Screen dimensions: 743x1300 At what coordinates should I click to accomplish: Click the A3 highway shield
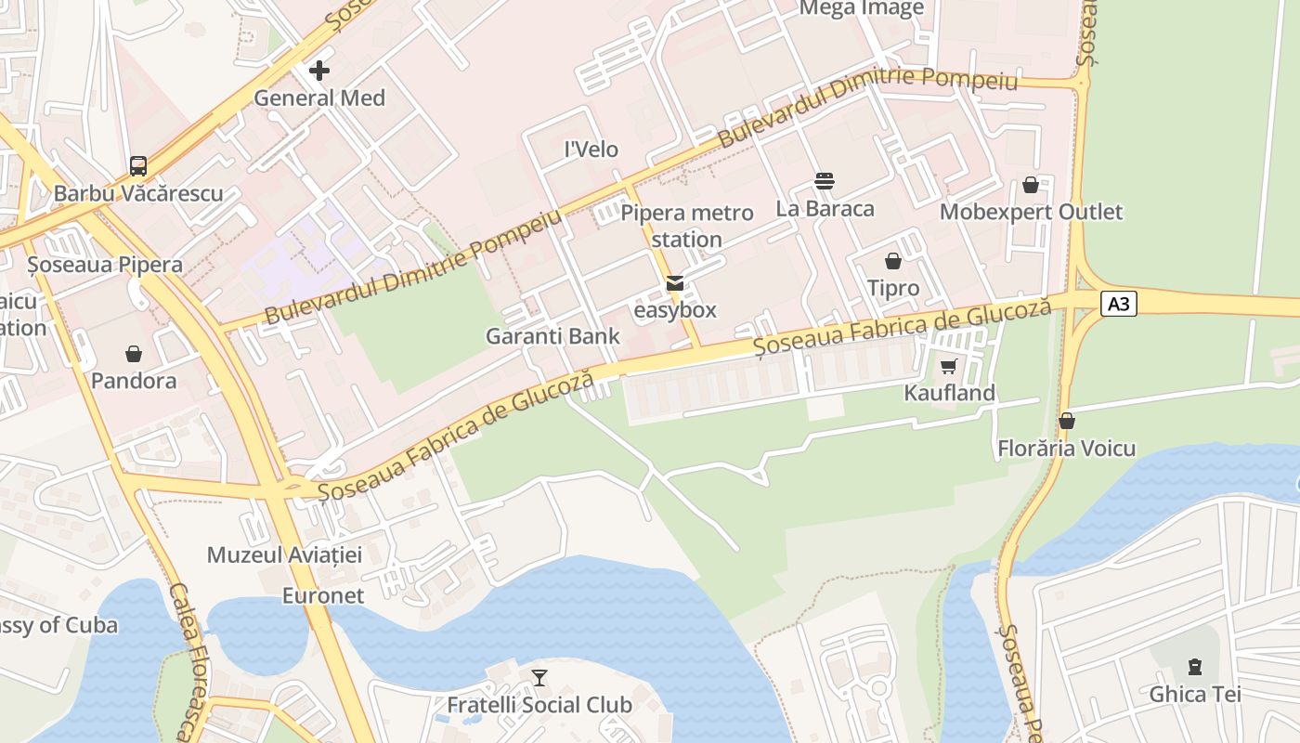coord(1119,304)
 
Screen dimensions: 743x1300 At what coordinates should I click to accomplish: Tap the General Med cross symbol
coord(319,71)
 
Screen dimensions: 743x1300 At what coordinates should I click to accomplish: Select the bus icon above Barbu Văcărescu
coord(138,166)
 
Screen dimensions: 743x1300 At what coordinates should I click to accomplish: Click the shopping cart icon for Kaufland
coord(948,366)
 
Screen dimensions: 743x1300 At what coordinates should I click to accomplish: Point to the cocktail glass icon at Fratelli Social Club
coord(539,678)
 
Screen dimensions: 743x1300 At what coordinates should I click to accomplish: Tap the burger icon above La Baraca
coord(825,180)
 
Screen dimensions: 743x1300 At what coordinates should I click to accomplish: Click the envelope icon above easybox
coord(674,282)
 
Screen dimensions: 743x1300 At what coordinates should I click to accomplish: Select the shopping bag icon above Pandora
coord(134,354)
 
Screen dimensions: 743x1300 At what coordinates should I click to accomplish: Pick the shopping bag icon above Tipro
coord(893,261)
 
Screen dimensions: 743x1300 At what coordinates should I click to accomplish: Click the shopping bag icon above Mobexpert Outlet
coord(1031,185)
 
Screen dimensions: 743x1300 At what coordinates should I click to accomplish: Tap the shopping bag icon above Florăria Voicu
coord(1067,421)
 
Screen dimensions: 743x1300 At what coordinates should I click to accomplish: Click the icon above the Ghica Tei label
coord(1194,667)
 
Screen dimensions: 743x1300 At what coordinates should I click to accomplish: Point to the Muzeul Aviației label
coord(284,555)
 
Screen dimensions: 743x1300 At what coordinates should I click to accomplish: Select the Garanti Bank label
coord(552,336)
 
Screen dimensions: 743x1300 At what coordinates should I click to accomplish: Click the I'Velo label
coord(591,150)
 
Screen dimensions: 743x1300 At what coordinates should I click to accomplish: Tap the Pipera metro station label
coord(687,226)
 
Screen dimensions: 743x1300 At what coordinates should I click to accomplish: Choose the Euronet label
coord(323,595)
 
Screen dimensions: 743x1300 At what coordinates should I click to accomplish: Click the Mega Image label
coord(862,9)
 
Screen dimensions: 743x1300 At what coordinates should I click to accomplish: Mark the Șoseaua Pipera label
coord(105,265)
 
